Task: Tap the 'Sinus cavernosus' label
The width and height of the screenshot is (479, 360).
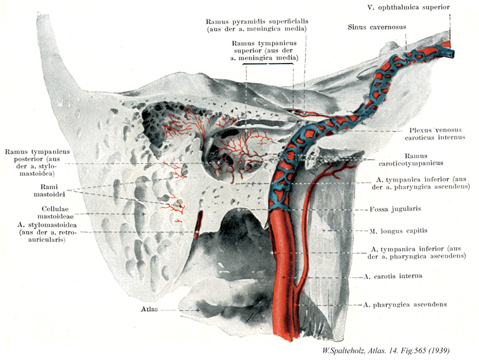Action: click(x=374, y=27)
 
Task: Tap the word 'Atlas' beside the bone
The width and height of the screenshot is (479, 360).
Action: click(x=149, y=309)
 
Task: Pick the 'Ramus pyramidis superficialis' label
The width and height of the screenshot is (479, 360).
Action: click(x=258, y=25)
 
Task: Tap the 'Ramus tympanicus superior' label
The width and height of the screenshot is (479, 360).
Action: click(x=265, y=50)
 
